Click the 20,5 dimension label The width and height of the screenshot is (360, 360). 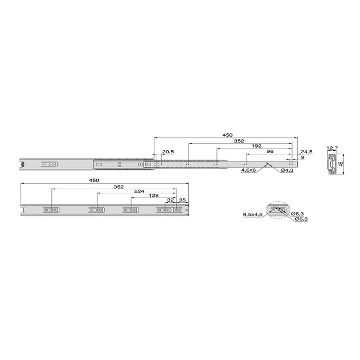click(168, 152)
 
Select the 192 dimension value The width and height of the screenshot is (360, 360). click(257, 146)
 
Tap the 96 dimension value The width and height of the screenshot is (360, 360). click(270, 151)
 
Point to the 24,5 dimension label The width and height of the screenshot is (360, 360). click(307, 152)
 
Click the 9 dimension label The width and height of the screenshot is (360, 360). click(302, 157)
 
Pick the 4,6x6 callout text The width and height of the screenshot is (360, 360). click(248, 170)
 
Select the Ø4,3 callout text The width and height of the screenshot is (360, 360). click(287, 170)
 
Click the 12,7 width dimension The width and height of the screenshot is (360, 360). click(332, 148)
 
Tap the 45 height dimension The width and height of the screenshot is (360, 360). click(341, 164)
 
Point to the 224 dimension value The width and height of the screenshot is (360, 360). click(139, 191)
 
